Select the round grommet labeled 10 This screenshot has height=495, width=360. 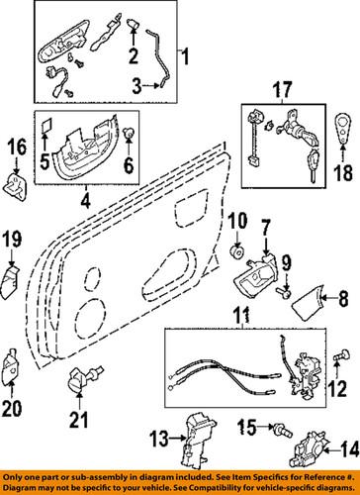click(x=238, y=253)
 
